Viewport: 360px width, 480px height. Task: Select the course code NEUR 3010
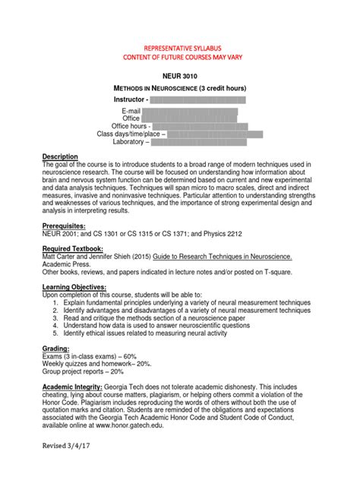coord(180,76)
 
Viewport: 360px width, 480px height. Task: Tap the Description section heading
coord(60,156)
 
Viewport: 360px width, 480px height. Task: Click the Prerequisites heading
coord(64,226)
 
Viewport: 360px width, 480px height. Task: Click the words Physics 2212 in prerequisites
coord(223,235)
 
